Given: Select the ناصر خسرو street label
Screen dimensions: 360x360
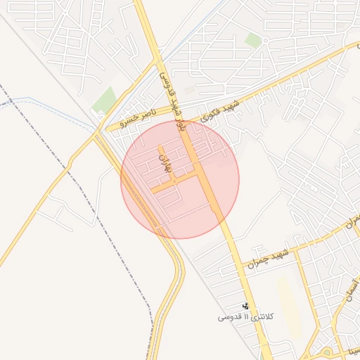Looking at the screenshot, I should (x=134, y=117).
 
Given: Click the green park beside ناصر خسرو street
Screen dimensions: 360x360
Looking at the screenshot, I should (x=105, y=99).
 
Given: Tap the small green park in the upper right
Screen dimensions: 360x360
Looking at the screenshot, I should (x=253, y=41).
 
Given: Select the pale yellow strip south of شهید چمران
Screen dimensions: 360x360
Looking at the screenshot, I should (x=288, y=302).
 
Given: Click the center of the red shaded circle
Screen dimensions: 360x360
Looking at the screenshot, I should (x=180, y=179).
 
